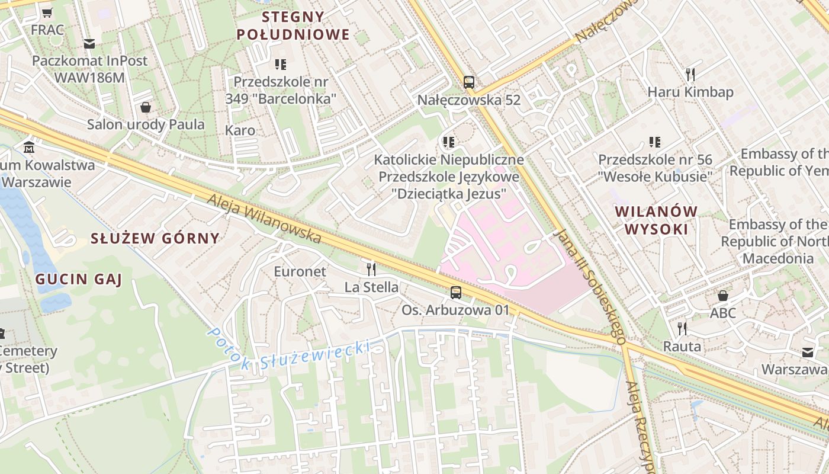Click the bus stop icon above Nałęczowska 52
tap(468, 82)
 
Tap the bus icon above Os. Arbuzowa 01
tap(455, 292)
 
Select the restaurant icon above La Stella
tap(371, 270)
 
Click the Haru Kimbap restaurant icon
tap(690, 75)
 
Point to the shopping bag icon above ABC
tap(723, 295)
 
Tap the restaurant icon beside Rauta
tap(682, 328)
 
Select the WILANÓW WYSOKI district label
tap(656, 220)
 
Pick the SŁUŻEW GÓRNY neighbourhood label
tap(155, 238)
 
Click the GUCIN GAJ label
tap(78, 279)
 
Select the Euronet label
tap(300, 271)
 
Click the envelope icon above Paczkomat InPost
tap(89, 43)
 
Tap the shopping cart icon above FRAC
tap(47, 12)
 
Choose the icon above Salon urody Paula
tap(145, 107)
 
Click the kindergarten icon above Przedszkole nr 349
tap(281, 64)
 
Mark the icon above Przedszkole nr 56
tap(654, 142)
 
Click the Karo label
tap(240, 130)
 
